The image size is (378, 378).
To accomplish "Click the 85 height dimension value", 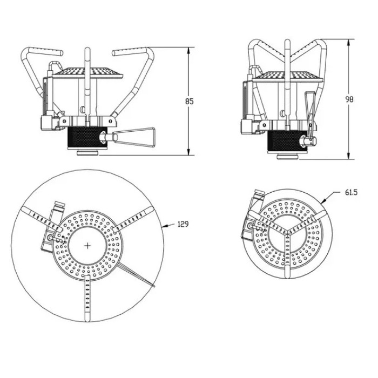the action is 189,102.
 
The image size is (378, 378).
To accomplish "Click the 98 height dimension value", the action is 349,99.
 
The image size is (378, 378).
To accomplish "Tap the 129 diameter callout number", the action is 183,225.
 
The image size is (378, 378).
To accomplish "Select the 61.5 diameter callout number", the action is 352,192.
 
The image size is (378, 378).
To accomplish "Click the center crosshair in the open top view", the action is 87,246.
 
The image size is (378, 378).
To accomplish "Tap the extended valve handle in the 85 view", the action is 133,137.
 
